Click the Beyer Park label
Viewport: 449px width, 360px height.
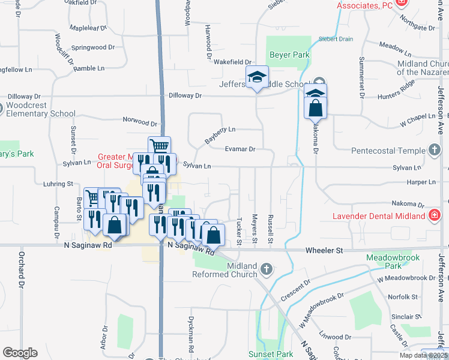(x=289, y=55)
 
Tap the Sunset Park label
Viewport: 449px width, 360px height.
(x=270, y=355)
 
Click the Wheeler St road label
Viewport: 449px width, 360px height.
(x=323, y=250)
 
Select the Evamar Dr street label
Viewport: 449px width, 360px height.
(x=240, y=149)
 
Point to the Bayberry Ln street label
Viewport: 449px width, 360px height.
(x=220, y=134)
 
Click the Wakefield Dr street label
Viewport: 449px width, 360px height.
(x=232, y=62)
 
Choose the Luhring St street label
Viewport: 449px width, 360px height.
(x=58, y=183)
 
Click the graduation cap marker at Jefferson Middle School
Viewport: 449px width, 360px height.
(x=257, y=77)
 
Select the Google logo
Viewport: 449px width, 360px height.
(x=20, y=353)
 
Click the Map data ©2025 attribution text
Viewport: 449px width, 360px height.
(x=423, y=355)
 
